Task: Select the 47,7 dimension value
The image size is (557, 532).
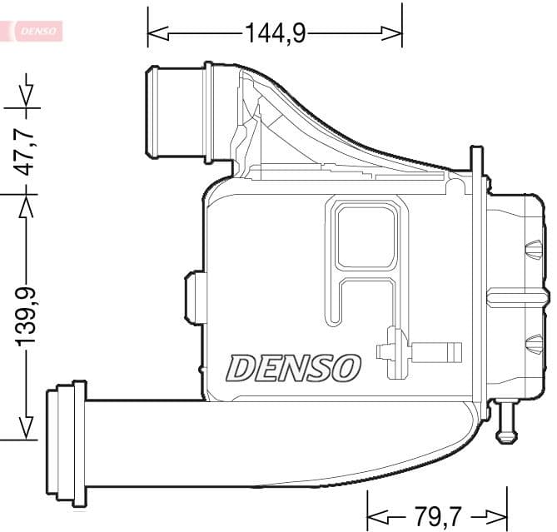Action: coord(27,150)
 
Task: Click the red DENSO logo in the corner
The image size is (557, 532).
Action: coord(33,31)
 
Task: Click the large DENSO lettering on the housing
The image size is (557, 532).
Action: coord(294,367)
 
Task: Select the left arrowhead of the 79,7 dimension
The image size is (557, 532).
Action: coord(377,514)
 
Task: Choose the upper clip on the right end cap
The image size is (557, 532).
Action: coord(532,251)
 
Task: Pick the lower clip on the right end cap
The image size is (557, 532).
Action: coord(532,342)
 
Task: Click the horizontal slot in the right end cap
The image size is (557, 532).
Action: coord(517,296)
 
